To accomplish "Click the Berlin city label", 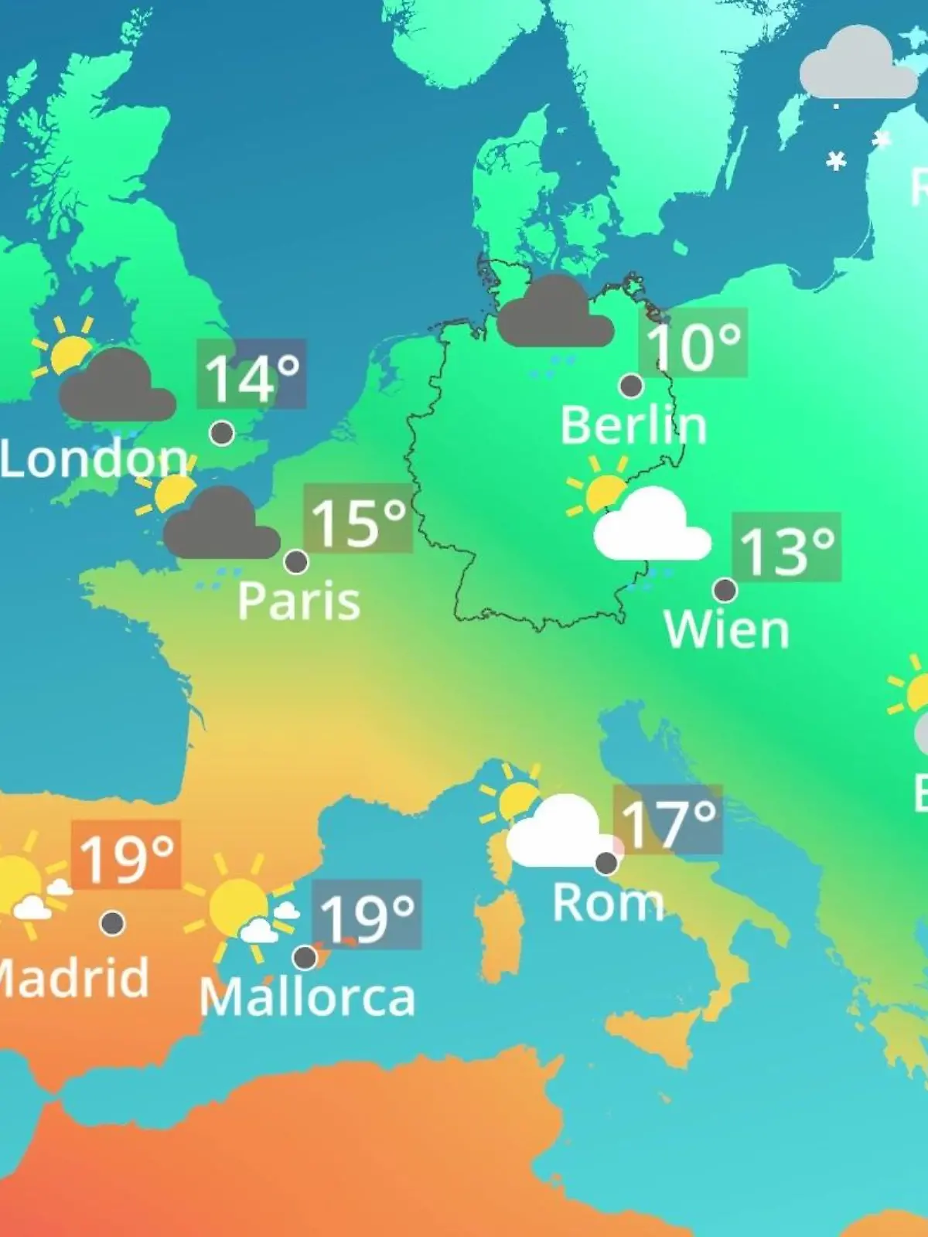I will point(633,425).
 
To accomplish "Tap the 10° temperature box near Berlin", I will point(693,343).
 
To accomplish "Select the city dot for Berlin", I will point(631,385).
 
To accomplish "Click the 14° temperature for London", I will point(251,374).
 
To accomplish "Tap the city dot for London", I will point(222,433).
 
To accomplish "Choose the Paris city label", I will point(299,601).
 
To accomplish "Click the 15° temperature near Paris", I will point(358,519).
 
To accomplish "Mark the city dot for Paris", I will point(296,561).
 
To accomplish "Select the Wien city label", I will point(726,630).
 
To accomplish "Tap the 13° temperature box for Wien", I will point(786,547).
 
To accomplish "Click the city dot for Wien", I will point(725,590).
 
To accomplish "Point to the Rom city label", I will point(608,902).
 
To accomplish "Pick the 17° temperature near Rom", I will point(668,820).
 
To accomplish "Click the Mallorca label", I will point(308,997).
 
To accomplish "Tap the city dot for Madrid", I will point(113,922).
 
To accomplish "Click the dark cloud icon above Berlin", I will point(554,312).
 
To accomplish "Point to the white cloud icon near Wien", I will point(651,526).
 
